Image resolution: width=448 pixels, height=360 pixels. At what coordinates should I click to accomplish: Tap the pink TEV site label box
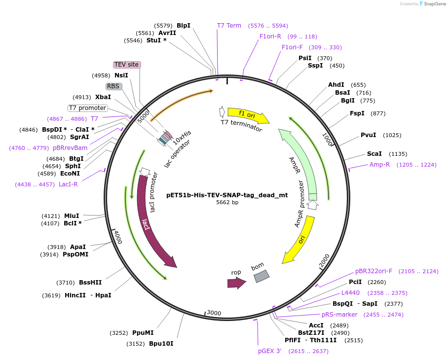coord(127,65)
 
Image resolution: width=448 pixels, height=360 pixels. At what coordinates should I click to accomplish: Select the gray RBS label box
coord(113,86)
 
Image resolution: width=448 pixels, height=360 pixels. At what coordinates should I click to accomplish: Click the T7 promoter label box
coord(87,108)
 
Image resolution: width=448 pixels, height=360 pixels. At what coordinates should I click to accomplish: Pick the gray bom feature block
coord(261,276)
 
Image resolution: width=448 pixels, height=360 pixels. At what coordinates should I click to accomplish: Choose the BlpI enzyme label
coord(184,25)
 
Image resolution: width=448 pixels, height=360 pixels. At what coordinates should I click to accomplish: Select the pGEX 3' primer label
coord(269,351)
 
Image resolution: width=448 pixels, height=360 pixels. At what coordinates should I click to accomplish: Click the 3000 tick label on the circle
coord(214,313)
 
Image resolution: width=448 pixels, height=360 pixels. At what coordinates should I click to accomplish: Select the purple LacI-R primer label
coord(68,184)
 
